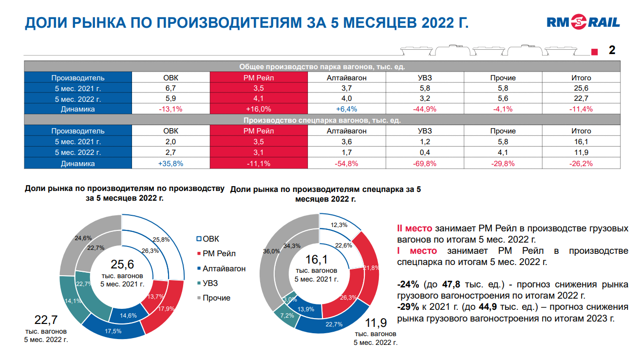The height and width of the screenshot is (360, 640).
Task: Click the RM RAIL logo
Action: point(583,22)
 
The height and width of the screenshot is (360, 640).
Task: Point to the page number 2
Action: point(612,50)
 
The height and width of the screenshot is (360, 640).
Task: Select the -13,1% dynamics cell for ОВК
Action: point(170,109)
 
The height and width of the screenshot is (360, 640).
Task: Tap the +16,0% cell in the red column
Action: point(259,109)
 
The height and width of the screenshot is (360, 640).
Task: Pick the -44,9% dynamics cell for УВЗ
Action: point(425,109)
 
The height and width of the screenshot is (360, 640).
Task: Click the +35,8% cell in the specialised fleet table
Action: point(170,164)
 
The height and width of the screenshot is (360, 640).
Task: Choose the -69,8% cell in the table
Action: point(425,164)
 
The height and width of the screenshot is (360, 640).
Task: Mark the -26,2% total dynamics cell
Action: point(581,164)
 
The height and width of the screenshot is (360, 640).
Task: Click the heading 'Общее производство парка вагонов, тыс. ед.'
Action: point(322,67)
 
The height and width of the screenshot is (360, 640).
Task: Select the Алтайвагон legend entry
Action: point(224,268)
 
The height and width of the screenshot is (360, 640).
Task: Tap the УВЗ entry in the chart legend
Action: point(210,283)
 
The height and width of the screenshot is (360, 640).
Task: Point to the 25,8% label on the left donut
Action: point(161,240)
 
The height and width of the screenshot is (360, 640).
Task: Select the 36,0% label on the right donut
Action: point(271,251)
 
